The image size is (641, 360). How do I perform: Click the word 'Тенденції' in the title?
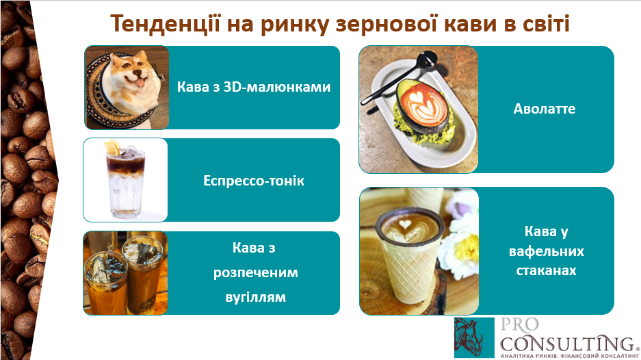(165, 24)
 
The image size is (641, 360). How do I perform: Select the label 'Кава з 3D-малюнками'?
(253, 87)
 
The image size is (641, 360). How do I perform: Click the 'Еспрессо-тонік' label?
(253, 181)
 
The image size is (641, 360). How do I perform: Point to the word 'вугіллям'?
(255, 297)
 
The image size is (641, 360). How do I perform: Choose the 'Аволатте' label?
(544, 109)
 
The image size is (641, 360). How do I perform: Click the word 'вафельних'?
(546, 250)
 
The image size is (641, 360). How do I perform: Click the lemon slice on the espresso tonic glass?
(112, 147)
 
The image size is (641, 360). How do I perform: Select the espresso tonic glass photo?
(125, 180)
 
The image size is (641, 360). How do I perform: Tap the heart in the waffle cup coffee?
(405, 224)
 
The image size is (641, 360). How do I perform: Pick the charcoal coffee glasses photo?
(125, 273)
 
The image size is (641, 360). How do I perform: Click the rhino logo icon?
(474, 337)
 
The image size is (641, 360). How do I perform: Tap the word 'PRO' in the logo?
(520, 325)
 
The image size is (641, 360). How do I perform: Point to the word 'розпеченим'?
(255, 273)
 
